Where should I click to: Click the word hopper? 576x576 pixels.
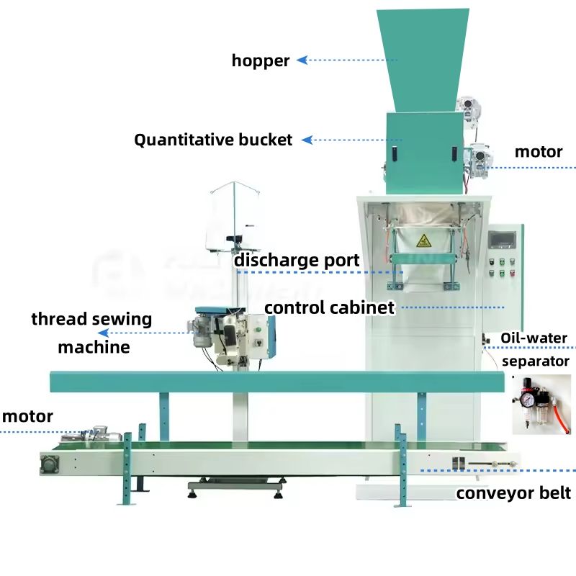tap(260, 61)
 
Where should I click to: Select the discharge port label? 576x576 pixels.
tap(297, 260)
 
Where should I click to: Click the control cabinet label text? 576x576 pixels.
tap(330, 308)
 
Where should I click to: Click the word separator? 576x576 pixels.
tap(535, 361)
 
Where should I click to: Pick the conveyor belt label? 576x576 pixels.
tap(513, 493)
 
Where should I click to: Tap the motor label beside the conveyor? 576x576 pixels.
tap(27, 416)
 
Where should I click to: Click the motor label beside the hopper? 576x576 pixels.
tap(538, 152)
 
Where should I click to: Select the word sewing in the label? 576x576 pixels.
tap(122, 319)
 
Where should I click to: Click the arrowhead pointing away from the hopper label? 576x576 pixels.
tap(302, 61)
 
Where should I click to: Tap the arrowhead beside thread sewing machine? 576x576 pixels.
tap(103, 333)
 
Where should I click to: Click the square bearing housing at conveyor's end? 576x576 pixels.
tap(52, 464)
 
